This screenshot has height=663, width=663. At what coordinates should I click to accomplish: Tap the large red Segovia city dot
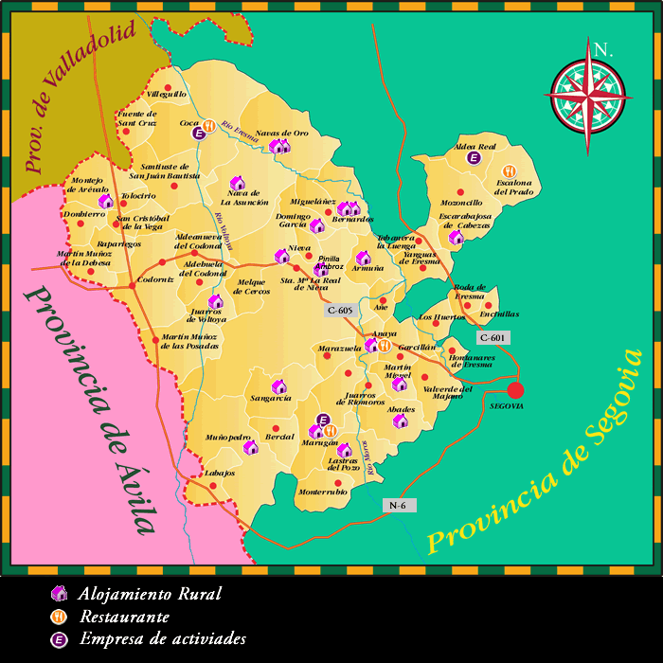(x=514, y=390)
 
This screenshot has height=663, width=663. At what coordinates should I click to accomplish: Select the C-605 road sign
(x=342, y=310)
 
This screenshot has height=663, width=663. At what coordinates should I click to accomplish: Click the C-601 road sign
(x=494, y=337)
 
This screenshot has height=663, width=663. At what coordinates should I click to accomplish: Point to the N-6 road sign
(x=398, y=505)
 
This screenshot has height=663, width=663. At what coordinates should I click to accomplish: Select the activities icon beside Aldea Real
(x=475, y=158)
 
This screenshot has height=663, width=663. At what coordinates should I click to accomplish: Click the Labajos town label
(x=219, y=473)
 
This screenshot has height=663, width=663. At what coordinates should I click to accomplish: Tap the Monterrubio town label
(x=323, y=492)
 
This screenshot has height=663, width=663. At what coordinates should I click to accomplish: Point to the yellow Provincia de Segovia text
(x=535, y=453)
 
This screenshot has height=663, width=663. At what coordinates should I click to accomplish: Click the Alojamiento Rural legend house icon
(x=60, y=594)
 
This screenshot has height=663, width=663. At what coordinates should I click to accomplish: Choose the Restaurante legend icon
(x=60, y=616)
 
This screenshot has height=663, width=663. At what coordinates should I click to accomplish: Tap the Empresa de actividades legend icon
(x=60, y=638)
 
